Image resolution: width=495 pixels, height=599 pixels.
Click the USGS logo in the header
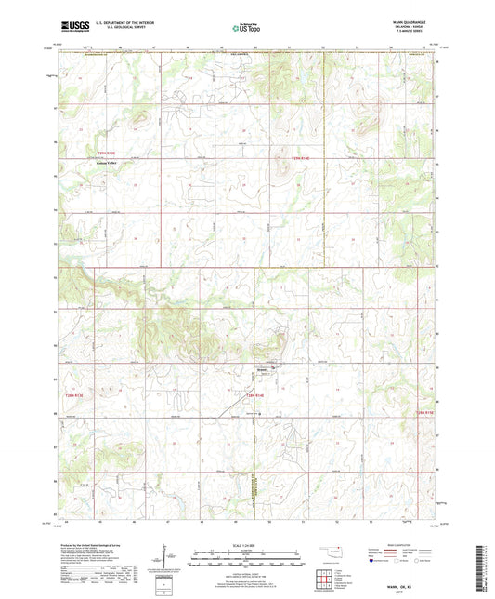(72, 28)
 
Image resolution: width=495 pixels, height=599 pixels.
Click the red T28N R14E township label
(256, 396)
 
